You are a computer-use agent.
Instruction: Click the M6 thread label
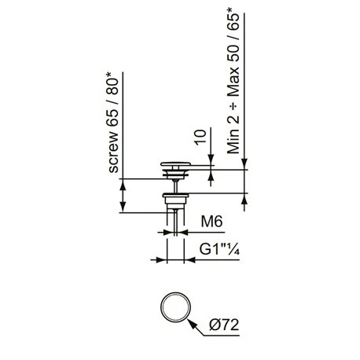click(211, 222)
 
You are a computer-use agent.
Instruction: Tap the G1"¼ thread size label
click(219, 249)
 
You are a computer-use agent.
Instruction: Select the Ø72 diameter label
click(224, 325)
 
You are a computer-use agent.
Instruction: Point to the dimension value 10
click(201, 137)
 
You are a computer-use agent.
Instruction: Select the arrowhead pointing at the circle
click(192, 324)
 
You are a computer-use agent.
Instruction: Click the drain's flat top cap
click(175, 164)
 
